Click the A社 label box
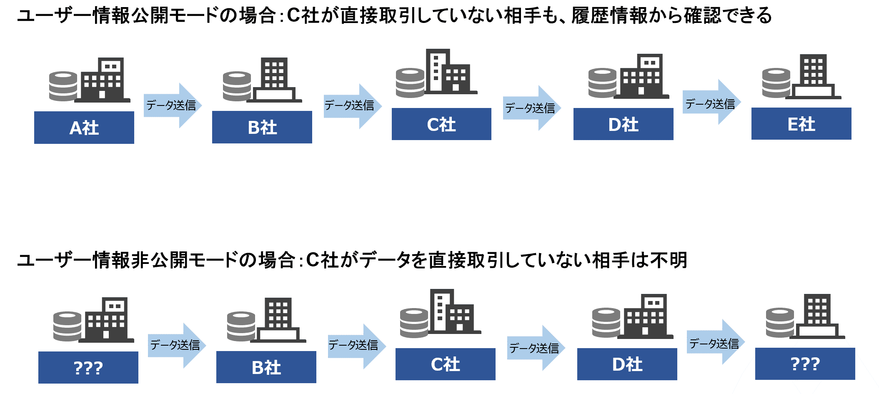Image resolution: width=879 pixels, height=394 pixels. coord(84,128)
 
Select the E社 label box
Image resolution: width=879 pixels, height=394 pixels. coord(801,124)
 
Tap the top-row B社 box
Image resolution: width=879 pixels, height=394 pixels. coord(262,127)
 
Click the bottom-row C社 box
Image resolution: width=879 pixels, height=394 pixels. coord(445,364)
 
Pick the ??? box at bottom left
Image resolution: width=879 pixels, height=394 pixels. coord(88,367)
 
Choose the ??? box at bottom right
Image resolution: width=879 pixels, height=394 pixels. coord(805,364)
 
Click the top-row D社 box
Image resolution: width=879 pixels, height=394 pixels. coord(623,124)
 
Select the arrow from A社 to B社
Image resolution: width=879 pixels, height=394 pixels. coord(172,105)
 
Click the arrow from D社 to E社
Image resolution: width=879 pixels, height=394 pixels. coord(711,103)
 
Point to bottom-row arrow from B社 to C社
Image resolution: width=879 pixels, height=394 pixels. coord(356,346)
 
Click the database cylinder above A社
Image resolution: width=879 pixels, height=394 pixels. coord(63,86)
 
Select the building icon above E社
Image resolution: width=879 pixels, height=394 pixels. coord(813,77)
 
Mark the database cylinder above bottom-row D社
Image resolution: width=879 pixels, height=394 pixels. coord(606,323)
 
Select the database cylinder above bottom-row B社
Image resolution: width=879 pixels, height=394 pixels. coord(241,326)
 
